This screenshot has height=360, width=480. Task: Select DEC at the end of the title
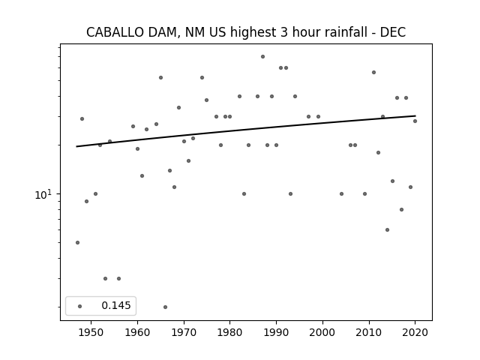click(x=393, y=32)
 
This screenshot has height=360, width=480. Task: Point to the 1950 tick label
click(x=91, y=332)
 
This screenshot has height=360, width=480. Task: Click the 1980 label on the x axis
click(x=230, y=332)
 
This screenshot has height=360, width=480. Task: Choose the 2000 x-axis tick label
click(x=322, y=332)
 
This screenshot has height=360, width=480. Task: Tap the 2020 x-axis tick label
click(x=415, y=332)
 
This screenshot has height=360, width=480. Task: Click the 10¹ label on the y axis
click(x=43, y=194)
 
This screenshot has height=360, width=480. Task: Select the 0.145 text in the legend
click(x=116, y=305)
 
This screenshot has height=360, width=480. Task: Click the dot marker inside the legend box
click(x=80, y=306)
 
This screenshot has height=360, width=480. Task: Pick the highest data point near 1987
click(x=262, y=57)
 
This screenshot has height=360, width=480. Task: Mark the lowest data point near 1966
click(x=165, y=307)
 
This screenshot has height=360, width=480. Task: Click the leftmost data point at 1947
click(x=77, y=242)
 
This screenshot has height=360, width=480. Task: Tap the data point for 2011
click(x=373, y=73)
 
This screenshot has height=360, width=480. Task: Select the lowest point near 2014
click(x=387, y=230)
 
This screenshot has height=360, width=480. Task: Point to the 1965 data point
click(x=160, y=78)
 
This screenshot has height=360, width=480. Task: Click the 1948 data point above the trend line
click(x=82, y=118)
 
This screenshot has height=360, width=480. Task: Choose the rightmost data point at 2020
click(x=415, y=121)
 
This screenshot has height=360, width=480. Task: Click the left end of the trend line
click(x=76, y=146)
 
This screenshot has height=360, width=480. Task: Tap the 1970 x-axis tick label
click(x=184, y=332)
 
